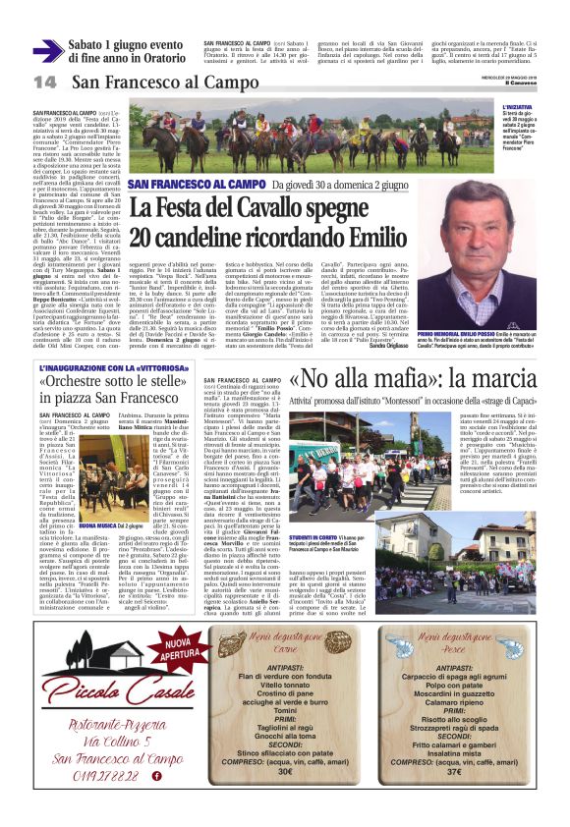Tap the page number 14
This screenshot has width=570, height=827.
[44, 82]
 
